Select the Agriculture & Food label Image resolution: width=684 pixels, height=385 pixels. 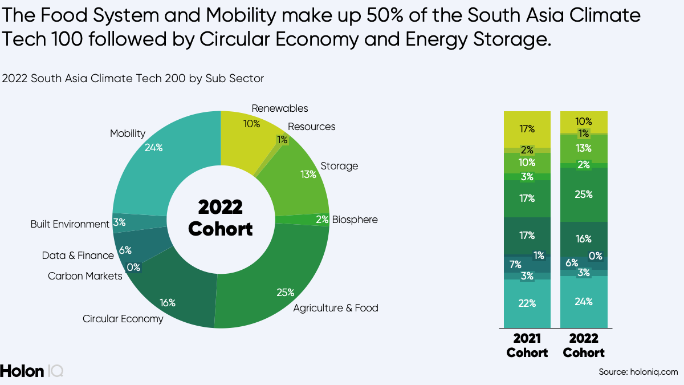(x=336, y=308)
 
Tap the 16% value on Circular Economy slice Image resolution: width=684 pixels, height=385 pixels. (x=168, y=302)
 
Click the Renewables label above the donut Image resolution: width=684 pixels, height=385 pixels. (x=279, y=108)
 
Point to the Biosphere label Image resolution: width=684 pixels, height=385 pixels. (x=355, y=220)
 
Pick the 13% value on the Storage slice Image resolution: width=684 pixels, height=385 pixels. (x=308, y=174)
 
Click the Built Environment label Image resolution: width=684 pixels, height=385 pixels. (x=70, y=224)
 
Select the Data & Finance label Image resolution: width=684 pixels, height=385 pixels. (x=78, y=256)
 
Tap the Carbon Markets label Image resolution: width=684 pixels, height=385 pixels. (x=85, y=276)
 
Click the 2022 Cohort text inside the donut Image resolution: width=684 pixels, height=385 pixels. (x=220, y=218)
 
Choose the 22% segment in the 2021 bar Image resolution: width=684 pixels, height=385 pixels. (x=527, y=303)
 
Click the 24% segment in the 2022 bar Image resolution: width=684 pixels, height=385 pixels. (x=584, y=302)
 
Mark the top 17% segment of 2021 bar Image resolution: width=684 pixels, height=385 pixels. (x=527, y=129)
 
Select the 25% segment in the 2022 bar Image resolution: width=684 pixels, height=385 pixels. (x=584, y=194)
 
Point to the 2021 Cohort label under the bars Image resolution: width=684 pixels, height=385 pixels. (x=527, y=346)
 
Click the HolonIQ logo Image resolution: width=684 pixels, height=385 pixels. (x=32, y=371)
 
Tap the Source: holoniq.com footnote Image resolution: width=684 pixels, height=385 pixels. (x=638, y=372)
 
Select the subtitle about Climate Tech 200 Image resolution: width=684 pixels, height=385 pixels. (x=133, y=79)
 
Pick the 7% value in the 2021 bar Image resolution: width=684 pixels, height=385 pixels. (x=515, y=264)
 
